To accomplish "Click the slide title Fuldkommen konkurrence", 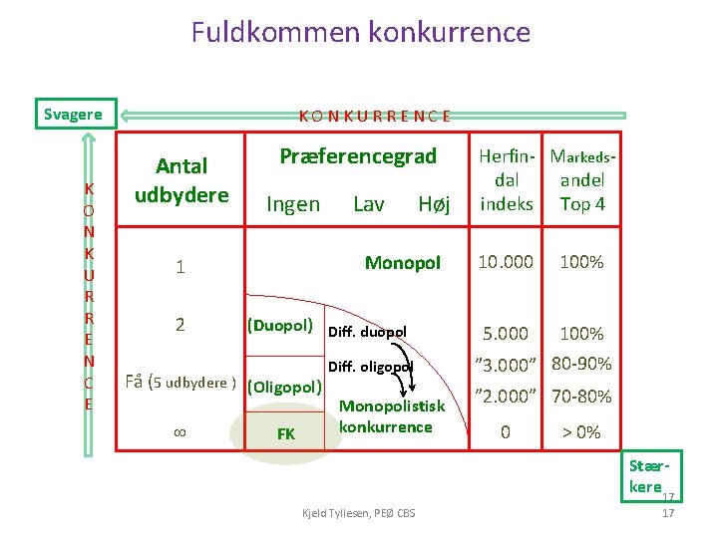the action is pos(360,32).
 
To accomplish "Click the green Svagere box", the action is pos(75,114).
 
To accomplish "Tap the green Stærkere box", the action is pos(649,476).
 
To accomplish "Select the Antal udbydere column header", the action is pos(181,180).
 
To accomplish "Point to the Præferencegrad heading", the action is pos(358,156).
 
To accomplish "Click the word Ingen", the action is pos(293,204).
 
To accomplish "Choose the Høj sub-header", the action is pos(434,204).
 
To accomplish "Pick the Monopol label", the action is pos(402,263).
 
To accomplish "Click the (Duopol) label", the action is pos(280,325).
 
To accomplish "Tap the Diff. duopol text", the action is pos(367,332).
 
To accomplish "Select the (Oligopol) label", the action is pos(284,387).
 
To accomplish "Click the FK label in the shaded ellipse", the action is pos(285,434).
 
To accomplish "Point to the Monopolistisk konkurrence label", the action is pos(392,416).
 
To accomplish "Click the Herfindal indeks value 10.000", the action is pos(506,262).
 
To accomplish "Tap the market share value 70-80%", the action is pos(581,397).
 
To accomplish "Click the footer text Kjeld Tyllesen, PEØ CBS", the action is pos(359,512).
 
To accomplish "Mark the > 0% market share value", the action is pos(581,432).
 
